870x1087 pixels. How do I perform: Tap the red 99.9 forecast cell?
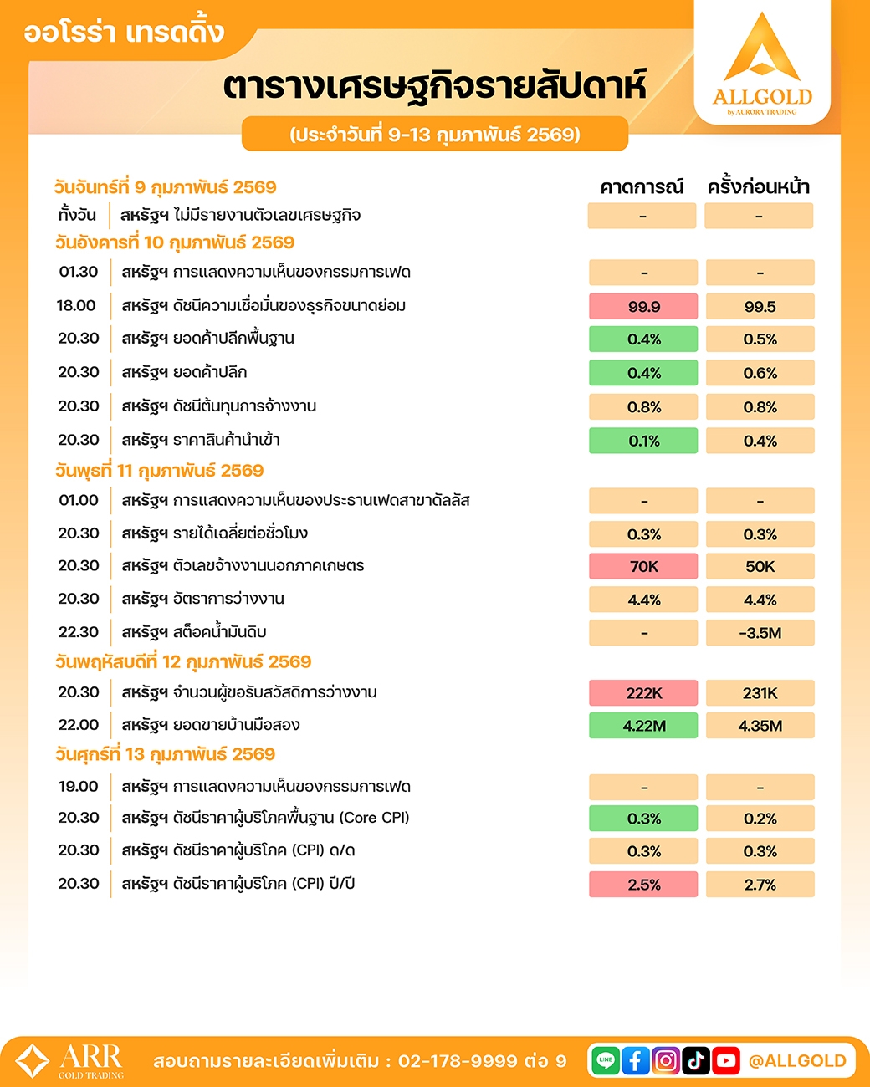tap(643, 307)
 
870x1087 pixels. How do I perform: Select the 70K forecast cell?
tap(643, 567)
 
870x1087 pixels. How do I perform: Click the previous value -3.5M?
tap(760, 633)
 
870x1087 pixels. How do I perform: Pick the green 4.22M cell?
tap(643, 726)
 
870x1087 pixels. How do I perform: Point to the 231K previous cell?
tap(760, 693)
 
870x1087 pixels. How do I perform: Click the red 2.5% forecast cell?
tap(643, 885)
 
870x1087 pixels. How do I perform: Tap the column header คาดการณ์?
tap(642, 187)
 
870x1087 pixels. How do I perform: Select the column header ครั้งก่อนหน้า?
tap(759, 187)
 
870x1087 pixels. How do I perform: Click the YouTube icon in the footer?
tap(725, 1061)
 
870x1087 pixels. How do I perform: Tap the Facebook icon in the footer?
tap(636, 1061)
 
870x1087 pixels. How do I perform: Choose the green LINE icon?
tap(606, 1061)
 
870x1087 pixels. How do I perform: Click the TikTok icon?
tap(696, 1061)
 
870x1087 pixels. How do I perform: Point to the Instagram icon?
tap(666, 1061)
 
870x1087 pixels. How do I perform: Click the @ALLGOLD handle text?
tap(797, 1061)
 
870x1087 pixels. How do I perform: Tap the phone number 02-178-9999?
tap(458, 1061)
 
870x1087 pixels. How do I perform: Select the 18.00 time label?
tap(76, 306)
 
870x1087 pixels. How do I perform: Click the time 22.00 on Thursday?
tap(79, 725)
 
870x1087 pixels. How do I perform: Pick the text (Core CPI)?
tap(374, 818)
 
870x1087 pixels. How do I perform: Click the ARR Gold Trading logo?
tap(70, 1061)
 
